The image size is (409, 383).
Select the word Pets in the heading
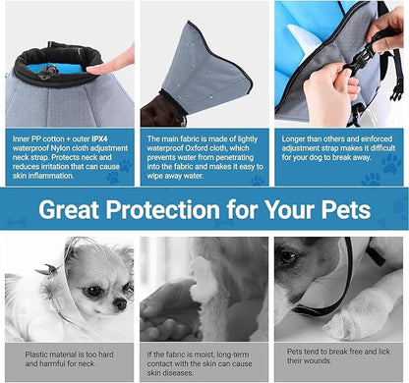click(343, 210)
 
